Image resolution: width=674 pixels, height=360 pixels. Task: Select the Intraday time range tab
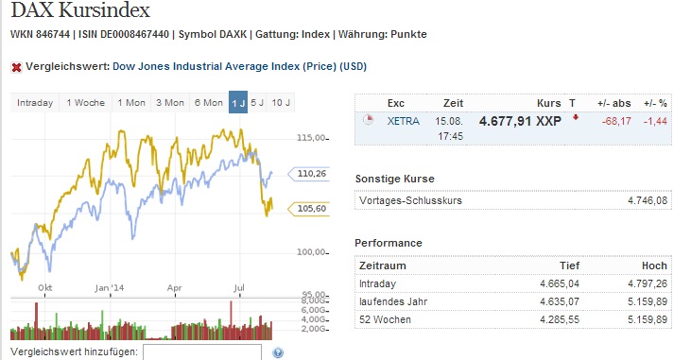34,102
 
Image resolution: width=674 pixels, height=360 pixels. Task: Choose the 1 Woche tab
85,102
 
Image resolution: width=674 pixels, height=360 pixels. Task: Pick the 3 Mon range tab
170,102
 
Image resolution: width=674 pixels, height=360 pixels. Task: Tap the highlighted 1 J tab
238,102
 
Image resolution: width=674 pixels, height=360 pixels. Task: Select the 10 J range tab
281,102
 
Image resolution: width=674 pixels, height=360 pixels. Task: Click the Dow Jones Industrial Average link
239,67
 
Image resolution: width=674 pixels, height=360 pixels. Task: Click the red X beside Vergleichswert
16,67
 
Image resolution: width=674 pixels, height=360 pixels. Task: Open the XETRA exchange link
404,122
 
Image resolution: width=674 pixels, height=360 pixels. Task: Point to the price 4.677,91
504,122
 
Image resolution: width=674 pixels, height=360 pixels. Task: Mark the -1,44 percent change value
655,122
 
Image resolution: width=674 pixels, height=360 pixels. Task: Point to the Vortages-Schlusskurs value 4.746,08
648,200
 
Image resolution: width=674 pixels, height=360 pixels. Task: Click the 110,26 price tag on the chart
311,174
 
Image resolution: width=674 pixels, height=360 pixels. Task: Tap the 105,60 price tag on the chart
311,209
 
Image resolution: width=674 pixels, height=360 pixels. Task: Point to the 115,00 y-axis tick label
311,138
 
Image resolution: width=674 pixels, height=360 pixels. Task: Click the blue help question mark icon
278,352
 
